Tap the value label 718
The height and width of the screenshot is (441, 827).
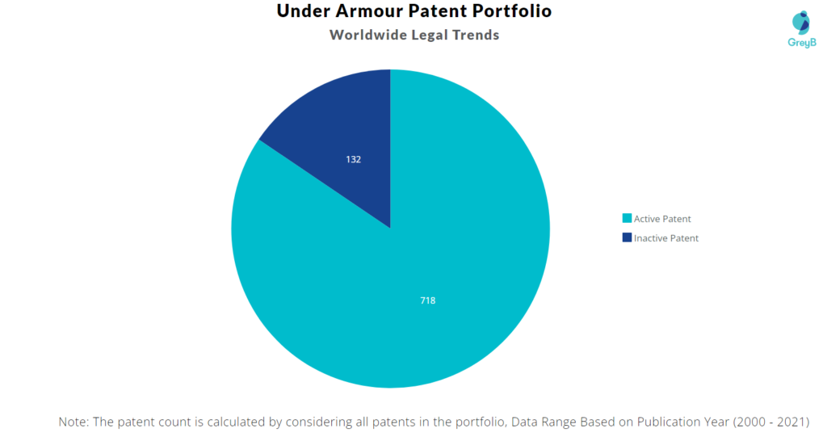point(428,300)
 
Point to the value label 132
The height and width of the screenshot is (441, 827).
point(353,159)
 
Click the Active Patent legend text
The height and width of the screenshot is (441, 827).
point(662,219)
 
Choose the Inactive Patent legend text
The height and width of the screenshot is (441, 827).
point(666,238)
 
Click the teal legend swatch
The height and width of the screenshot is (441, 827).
point(627,219)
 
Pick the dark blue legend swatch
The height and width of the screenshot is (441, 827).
point(627,238)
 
